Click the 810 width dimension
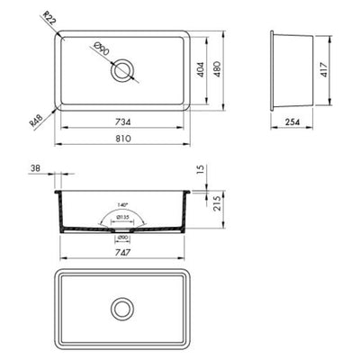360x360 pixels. tap(123, 139)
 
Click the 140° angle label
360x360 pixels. tap(121, 205)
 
